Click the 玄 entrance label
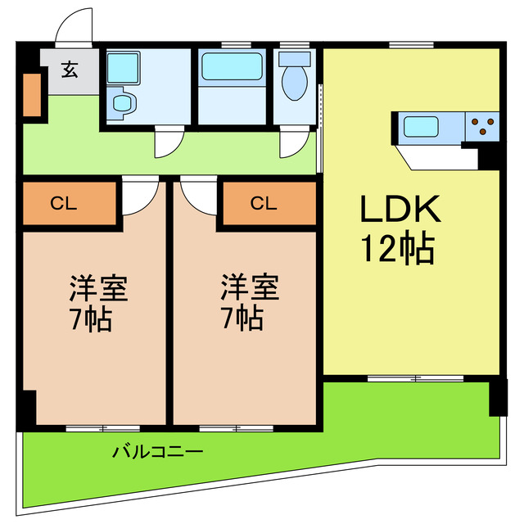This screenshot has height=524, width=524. point(69,70)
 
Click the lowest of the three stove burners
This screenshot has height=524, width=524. point(483,132)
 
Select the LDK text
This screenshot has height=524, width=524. point(401,211)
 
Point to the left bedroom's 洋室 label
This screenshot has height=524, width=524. point(96,287)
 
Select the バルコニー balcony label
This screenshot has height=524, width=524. point(157,451)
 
